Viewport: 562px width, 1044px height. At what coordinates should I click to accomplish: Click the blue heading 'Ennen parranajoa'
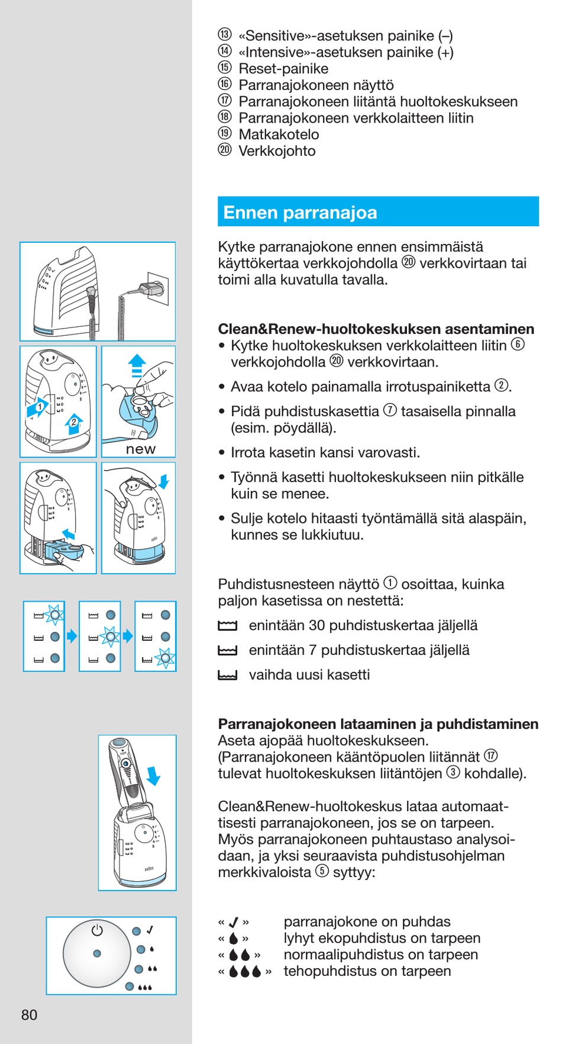click(x=300, y=213)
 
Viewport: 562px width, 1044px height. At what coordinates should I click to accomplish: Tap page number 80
click(x=29, y=1015)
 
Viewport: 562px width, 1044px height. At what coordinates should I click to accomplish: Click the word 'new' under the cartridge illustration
click(x=140, y=449)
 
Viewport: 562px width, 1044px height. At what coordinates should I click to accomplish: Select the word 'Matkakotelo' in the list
click(x=279, y=134)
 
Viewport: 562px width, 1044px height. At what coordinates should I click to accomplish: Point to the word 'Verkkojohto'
click(x=277, y=151)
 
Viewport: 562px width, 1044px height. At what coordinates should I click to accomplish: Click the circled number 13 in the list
click(x=225, y=35)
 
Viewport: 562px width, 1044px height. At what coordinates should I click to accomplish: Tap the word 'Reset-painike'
click(x=283, y=69)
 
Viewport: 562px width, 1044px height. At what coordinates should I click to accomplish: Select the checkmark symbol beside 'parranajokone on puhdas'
click(x=234, y=922)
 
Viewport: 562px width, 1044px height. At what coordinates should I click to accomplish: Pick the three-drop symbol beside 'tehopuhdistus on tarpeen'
click(x=245, y=972)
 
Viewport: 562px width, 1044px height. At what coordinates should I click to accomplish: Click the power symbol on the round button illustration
click(x=97, y=930)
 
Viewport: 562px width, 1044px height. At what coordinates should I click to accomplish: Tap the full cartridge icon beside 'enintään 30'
click(x=227, y=626)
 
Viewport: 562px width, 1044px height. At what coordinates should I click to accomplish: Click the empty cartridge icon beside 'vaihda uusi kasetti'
click(x=227, y=675)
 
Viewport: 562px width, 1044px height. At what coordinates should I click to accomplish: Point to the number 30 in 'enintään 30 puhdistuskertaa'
click(x=316, y=625)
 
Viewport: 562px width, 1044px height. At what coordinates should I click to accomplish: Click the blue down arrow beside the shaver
click(x=154, y=776)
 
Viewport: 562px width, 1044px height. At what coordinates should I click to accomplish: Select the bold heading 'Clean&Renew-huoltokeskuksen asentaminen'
click(x=376, y=329)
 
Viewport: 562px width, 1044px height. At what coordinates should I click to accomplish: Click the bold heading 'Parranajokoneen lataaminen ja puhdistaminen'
click(x=378, y=724)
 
